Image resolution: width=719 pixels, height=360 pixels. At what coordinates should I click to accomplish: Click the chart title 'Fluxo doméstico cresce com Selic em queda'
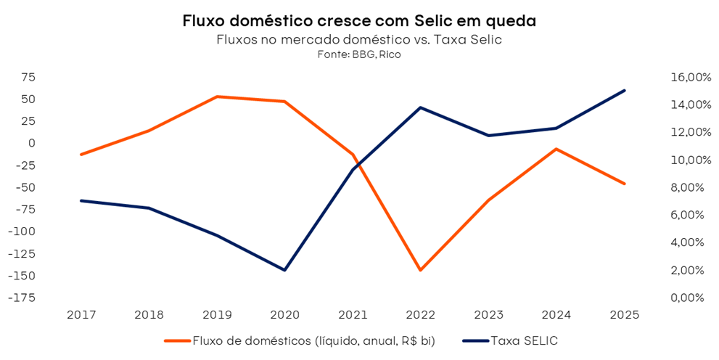[359, 22]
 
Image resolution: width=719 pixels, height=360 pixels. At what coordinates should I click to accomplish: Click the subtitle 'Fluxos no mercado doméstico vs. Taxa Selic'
[359, 40]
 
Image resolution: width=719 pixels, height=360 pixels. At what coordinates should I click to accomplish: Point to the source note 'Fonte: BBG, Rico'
[359, 54]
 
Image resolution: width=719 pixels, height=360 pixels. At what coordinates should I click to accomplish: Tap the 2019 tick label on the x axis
[216, 315]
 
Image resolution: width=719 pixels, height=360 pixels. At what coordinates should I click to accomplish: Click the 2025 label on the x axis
[623, 315]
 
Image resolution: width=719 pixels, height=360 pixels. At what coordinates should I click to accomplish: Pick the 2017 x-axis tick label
[81, 315]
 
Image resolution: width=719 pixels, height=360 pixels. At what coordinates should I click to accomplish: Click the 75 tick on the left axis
[28, 77]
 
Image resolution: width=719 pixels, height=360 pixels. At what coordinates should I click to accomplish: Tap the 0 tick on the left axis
[31, 143]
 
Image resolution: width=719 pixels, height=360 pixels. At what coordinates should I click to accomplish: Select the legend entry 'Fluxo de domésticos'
[312, 340]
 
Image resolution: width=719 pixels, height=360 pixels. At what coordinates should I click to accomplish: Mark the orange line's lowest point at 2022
[420, 270]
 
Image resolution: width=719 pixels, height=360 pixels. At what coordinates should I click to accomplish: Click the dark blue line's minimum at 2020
[284, 270]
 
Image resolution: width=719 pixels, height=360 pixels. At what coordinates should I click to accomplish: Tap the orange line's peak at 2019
[216, 97]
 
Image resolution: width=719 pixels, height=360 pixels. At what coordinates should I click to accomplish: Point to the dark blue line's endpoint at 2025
[624, 91]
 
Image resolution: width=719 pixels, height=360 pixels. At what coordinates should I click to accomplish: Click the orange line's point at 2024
[556, 149]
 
